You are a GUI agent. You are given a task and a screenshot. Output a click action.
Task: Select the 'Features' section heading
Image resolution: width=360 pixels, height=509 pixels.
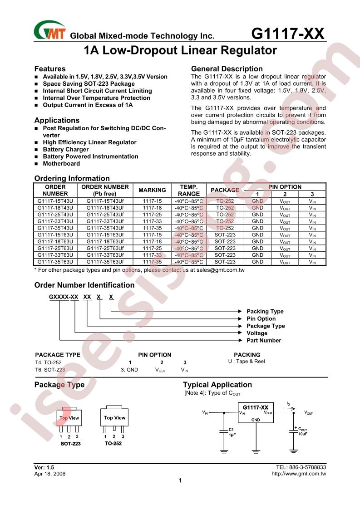[x=50, y=69]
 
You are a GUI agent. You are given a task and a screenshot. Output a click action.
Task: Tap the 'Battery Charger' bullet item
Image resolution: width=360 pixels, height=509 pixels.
[x=66, y=149]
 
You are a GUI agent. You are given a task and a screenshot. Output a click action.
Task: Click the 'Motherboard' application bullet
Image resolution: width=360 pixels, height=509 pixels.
[x=61, y=163]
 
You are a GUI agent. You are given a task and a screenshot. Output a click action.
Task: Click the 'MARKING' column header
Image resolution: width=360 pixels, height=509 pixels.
[x=152, y=190]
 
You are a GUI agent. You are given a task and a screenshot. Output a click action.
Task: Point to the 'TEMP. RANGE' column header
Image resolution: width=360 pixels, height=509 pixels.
[x=188, y=190]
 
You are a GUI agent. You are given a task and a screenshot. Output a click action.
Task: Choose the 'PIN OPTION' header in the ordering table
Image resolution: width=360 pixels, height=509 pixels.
[x=285, y=187]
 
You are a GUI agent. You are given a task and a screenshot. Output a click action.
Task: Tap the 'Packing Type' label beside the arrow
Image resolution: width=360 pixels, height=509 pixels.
[x=265, y=311]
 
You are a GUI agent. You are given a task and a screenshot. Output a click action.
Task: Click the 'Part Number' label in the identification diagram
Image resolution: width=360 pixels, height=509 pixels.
[x=264, y=340]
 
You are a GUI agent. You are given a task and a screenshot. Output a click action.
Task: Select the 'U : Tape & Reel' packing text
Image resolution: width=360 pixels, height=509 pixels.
[x=247, y=362]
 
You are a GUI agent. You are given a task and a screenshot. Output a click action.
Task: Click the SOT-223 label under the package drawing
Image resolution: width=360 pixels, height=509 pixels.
[x=70, y=444]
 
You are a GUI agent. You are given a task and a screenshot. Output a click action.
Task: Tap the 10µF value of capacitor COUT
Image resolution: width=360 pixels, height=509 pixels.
[x=302, y=434]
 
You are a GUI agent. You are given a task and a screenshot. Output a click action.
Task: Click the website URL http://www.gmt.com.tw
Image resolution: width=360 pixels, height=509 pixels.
[x=298, y=474]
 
